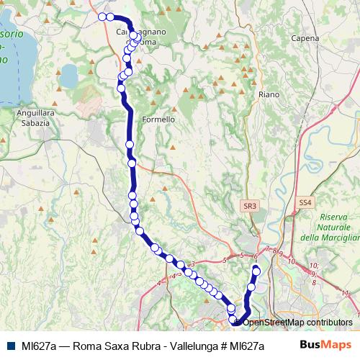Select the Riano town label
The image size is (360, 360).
pos(269,94)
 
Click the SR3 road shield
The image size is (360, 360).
pos(250,206)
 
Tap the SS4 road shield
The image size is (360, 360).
pos(305,204)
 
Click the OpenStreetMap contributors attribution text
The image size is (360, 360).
pos(298,322)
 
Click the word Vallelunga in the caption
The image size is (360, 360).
pos(168,345)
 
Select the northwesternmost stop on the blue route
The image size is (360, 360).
pos(102,17)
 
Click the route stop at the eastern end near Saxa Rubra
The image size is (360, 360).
pos(256,270)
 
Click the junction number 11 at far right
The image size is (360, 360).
pos(345,293)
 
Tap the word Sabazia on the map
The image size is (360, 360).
pos(30,123)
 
